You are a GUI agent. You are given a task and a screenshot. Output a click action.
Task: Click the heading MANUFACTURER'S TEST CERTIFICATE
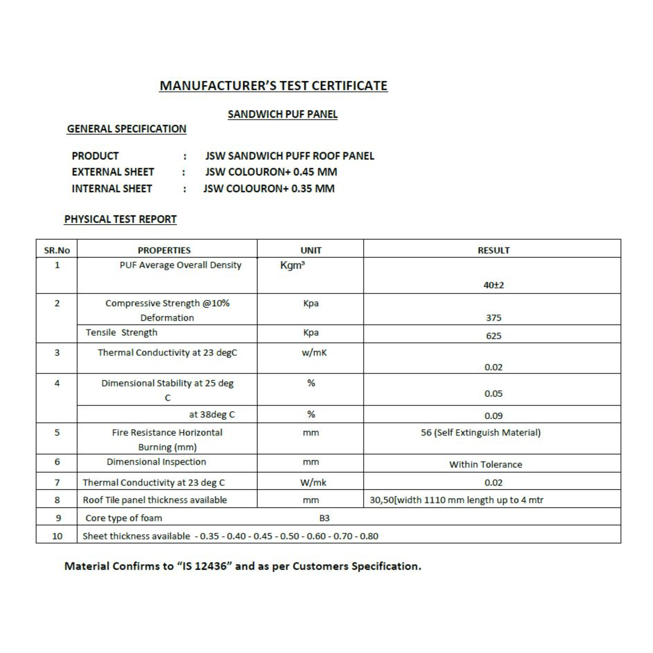click(x=273, y=86)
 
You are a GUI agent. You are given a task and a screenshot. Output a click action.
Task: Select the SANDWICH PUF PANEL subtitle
click(x=282, y=114)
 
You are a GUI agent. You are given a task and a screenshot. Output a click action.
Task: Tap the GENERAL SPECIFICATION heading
click(x=127, y=129)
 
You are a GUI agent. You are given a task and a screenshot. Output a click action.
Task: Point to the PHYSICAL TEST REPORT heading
click(x=120, y=219)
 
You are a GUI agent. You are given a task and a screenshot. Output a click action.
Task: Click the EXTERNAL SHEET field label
click(x=113, y=172)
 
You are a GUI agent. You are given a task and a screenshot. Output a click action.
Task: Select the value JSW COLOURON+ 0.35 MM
click(x=269, y=188)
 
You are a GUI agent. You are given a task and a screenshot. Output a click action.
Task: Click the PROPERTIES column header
click(x=164, y=250)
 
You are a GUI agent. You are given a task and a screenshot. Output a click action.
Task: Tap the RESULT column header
click(x=493, y=250)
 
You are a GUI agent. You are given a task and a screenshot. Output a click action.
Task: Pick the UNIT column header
click(x=311, y=250)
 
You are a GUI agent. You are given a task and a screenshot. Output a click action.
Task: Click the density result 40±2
click(x=493, y=285)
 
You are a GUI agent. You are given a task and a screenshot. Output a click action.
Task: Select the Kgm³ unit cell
click(x=292, y=265)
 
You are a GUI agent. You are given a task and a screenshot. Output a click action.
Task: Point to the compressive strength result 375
click(x=493, y=318)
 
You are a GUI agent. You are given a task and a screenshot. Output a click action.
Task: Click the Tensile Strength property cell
click(x=121, y=332)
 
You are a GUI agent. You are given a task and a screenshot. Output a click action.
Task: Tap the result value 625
click(x=493, y=336)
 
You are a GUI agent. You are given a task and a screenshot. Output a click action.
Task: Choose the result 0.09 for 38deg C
click(x=493, y=416)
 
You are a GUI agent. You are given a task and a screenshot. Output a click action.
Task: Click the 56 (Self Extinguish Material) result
click(x=481, y=433)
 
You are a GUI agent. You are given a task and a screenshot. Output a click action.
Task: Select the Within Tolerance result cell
click(x=485, y=465)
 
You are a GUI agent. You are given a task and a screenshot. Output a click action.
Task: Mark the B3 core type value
click(x=324, y=518)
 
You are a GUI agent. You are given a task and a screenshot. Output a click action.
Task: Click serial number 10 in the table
click(x=57, y=536)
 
